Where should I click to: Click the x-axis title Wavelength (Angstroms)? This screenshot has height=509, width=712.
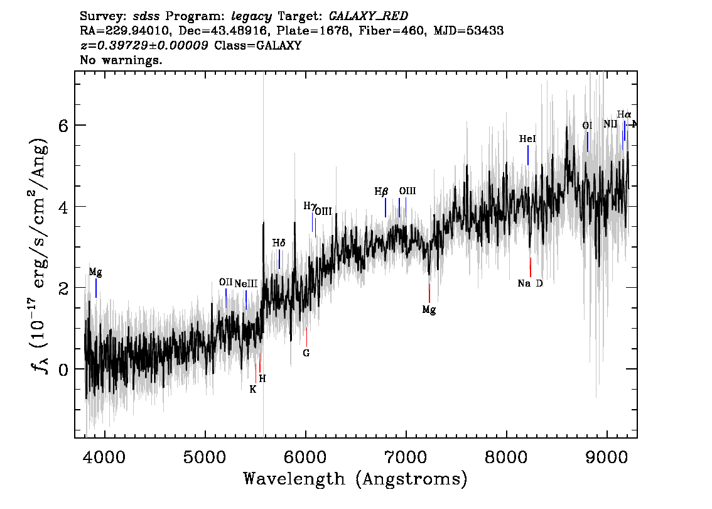355,479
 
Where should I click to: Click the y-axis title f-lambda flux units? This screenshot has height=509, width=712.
40,255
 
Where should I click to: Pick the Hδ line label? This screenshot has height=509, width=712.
279,243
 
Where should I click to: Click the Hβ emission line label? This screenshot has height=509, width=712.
381,191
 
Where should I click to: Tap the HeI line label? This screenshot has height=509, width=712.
527,138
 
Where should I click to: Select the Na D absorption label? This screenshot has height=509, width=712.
530,283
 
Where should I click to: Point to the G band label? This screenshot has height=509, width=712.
306,353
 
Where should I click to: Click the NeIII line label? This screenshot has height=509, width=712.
246,283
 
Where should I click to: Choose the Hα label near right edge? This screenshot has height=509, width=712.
623,114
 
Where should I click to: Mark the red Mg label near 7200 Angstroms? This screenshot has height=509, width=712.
429,310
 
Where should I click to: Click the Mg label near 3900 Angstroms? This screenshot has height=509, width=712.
95,273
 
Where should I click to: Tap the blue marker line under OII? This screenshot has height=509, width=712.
226,298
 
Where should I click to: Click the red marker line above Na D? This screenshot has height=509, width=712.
531,267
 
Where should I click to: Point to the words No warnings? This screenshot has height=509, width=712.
121,61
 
